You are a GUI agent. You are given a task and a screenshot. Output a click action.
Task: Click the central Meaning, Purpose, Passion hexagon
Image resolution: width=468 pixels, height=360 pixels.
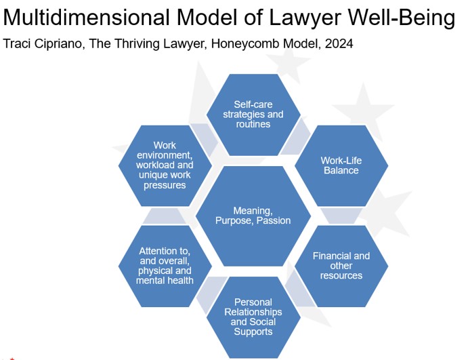coord(253,216)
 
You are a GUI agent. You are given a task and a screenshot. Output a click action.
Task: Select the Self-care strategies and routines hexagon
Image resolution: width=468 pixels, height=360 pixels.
coord(253,115)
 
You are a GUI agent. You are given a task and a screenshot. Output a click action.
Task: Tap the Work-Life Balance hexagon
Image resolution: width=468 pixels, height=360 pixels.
coord(341,165)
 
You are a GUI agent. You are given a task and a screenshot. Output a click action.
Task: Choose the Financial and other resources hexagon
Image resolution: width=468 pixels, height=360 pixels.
coord(341,266)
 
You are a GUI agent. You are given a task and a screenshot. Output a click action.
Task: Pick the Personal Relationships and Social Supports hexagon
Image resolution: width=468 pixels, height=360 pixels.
coord(253,317)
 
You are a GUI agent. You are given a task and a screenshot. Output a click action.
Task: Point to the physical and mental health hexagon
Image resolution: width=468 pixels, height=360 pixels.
coord(165,266)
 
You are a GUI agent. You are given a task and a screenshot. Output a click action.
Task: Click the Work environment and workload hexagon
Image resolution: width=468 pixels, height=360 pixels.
coord(165,165)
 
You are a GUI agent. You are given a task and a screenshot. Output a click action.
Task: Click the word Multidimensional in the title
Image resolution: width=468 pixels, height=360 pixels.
coord(86,17)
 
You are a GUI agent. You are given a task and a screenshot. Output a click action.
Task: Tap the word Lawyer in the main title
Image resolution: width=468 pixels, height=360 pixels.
coord(305,18)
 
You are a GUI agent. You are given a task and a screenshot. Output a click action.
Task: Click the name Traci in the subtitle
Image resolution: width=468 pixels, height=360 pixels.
coord(16,43)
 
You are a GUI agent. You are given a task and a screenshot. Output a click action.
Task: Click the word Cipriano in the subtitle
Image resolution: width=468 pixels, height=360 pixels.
coord(59,44)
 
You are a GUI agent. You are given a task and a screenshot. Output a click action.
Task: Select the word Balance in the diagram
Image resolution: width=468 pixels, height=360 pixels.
coord(341,170)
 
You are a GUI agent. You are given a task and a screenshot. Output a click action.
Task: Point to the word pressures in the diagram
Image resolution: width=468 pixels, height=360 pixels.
coord(165,185)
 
